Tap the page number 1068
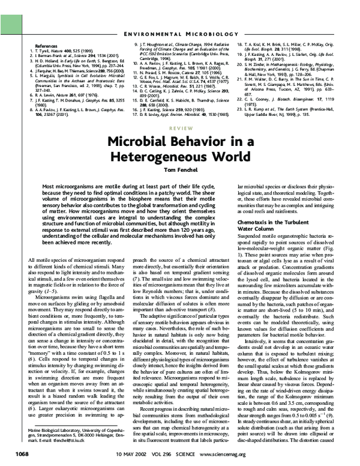[x=22, y=453]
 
